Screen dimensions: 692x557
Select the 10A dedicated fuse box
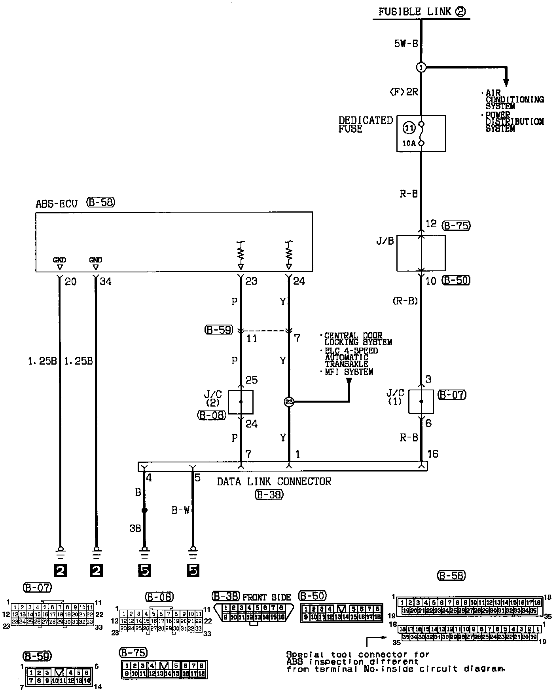click(x=421, y=133)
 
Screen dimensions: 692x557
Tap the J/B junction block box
click(x=421, y=253)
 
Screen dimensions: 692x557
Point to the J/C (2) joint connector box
click(x=241, y=402)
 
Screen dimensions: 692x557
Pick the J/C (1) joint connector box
click(x=421, y=401)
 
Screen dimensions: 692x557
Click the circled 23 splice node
click(x=289, y=402)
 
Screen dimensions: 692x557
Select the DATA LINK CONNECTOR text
click(x=274, y=481)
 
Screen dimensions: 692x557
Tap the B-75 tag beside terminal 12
click(x=456, y=226)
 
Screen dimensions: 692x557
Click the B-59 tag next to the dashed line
click(x=218, y=329)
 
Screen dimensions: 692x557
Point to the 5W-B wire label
click(x=406, y=44)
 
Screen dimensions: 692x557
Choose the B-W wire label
click(x=180, y=511)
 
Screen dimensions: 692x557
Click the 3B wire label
click(x=135, y=529)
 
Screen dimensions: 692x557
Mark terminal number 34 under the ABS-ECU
click(x=106, y=281)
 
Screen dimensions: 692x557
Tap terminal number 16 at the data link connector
click(x=433, y=454)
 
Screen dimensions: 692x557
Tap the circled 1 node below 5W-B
click(x=421, y=68)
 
